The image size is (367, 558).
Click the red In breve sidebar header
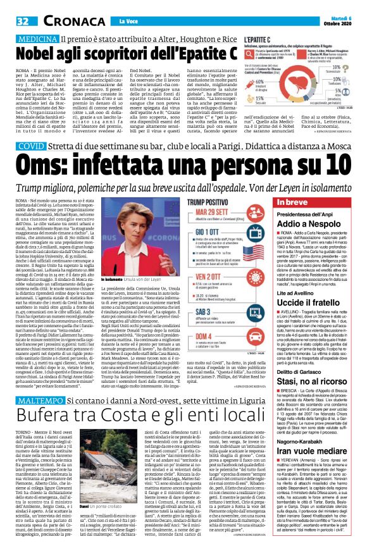click(320, 183)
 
